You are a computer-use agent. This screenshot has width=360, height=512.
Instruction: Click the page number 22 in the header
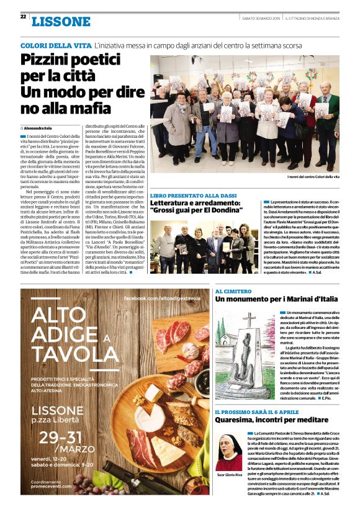pos(23,17)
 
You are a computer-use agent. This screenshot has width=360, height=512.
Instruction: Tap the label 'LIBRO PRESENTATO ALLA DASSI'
pos(187,195)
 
